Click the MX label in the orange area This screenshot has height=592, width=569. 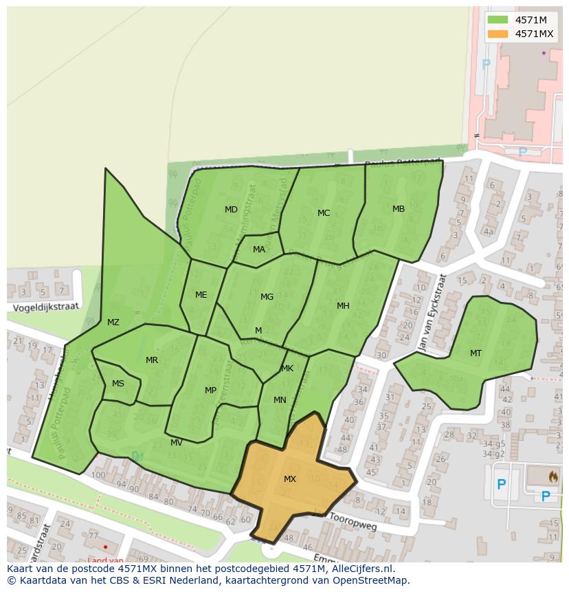[x=289, y=479]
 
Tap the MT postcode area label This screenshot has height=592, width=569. [x=476, y=353]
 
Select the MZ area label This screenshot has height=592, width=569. [x=113, y=322]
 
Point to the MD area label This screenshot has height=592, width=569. [x=231, y=209]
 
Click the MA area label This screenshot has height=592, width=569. [x=258, y=249]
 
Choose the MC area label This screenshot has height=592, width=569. [x=324, y=212]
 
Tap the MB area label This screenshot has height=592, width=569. [x=399, y=208]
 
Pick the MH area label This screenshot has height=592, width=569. [x=343, y=305]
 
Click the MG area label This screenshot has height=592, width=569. [x=267, y=297]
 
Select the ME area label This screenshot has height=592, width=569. [x=201, y=295]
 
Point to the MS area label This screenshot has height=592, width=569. [x=118, y=384]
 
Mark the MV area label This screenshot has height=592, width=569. [x=177, y=442]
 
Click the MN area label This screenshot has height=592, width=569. [x=280, y=399]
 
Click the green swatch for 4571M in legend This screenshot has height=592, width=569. [x=498, y=20]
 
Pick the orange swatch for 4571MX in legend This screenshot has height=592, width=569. [x=498, y=34]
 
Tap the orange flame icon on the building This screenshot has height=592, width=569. [x=553, y=475]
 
